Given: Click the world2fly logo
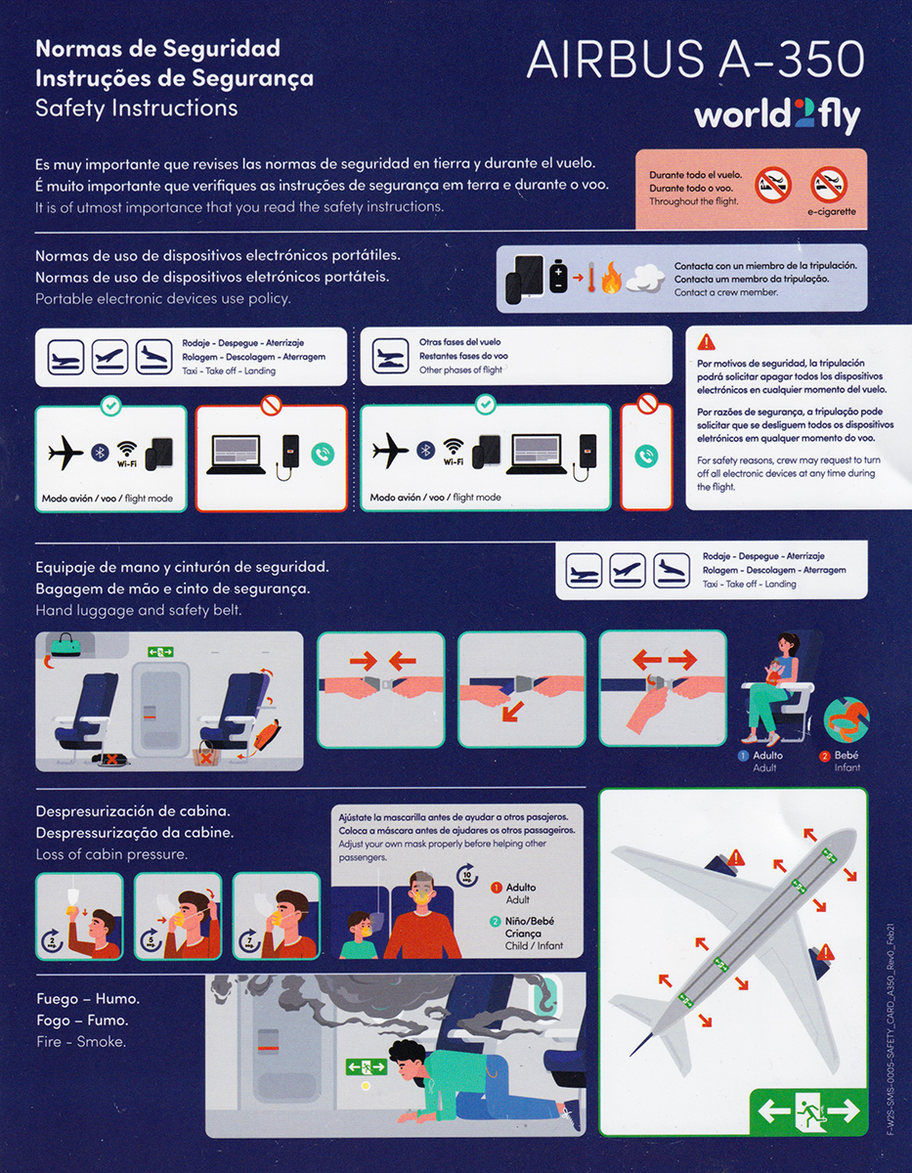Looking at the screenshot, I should pyautogui.click(x=777, y=116).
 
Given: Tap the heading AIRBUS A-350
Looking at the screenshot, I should pyautogui.click(x=695, y=61).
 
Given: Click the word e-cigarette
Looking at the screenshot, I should pyautogui.click(x=831, y=211).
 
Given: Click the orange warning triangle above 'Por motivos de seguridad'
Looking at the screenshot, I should pyautogui.click(x=707, y=342).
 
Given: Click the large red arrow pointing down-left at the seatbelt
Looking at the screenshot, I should pyautogui.click(x=512, y=710).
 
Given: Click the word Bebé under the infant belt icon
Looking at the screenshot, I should pyautogui.click(x=847, y=756).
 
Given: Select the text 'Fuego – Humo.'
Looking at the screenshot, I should pyautogui.click(x=88, y=999).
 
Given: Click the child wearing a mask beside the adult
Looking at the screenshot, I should pyautogui.click(x=358, y=935).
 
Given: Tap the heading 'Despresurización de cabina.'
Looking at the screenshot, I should pyautogui.click(x=134, y=811).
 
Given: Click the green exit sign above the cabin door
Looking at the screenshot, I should pyautogui.click(x=160, y=651).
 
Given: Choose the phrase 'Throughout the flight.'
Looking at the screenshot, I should pyautogui.click(x=694, y=201).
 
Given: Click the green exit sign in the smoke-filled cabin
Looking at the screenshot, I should pyautogui.click(x=366, y=1067).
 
